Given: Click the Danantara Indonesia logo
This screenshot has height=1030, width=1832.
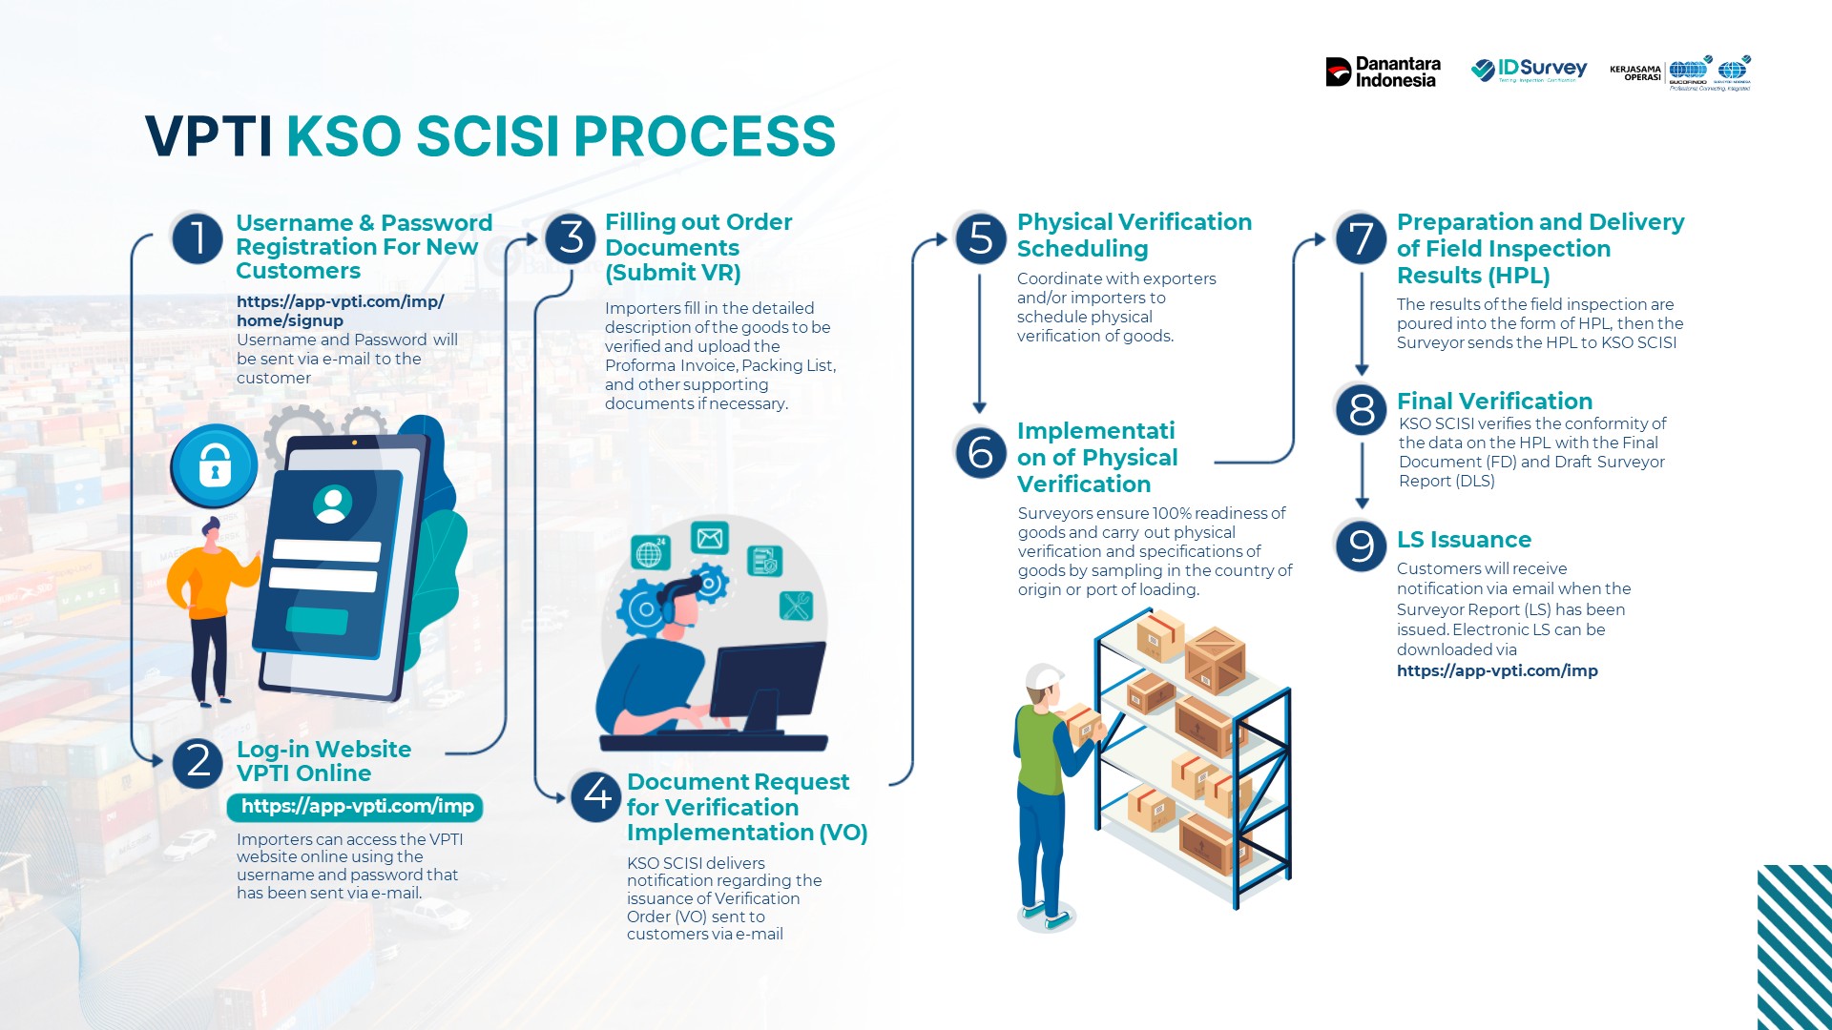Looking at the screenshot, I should click(1383, 72).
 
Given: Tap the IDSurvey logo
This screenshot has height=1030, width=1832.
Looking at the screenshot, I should click(1529, 70).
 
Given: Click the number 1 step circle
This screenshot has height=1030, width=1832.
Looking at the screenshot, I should click(198, 237).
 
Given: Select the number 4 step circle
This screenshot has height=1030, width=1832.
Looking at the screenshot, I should click(597, 794).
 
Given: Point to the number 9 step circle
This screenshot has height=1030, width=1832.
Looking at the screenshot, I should click(1362, 546).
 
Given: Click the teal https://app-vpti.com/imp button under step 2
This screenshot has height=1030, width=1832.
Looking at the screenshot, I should click(356, 807).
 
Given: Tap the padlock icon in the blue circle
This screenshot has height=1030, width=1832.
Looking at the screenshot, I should click(215, 466).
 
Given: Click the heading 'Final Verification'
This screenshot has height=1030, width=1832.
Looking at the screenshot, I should click(1494, 401).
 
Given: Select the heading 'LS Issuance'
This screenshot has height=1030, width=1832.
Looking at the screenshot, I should click(1464, 540).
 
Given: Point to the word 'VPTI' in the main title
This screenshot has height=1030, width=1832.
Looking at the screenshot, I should click(209, 136).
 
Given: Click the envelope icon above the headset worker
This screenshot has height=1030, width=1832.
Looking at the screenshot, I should click(709, 539).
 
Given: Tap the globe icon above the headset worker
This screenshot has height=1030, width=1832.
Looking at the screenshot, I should click(649, 553).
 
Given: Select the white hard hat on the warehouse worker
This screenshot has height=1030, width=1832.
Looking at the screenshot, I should click(1044, 677).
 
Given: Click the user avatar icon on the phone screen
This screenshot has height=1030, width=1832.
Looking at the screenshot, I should click(332, 504).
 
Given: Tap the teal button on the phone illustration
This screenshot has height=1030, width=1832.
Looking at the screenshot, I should click(318, 620).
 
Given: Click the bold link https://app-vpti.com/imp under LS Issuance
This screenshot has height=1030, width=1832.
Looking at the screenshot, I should click(1497, 670).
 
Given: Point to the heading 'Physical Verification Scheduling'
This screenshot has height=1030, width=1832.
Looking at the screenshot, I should click(1134, 236).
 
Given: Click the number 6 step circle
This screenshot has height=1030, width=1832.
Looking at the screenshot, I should click(981, 451).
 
